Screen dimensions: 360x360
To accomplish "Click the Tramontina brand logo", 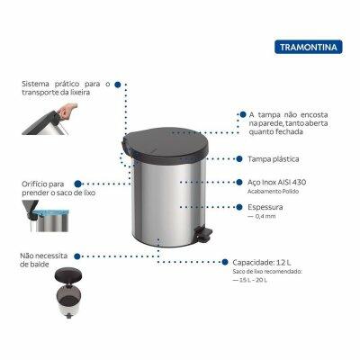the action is [x=308, y=47].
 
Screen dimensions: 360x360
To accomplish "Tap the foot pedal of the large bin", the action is [x=204, y=233].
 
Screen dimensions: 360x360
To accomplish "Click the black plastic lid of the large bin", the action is [x=165, y=144].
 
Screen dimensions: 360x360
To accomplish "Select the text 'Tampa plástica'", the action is [x=274, y=159].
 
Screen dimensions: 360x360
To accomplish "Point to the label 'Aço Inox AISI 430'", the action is [x=277, y=182].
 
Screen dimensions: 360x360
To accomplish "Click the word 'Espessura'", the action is [x=265, y=207].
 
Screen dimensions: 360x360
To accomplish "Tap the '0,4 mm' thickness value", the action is [x=262, y=216].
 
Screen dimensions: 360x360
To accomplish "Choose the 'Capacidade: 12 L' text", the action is [x=262, y=263].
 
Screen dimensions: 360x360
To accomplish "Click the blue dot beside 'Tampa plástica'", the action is [x=239, y=159].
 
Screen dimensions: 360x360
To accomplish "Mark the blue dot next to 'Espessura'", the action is [x=239, y=207].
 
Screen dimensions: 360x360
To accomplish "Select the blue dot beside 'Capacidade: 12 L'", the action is [x=225, y=262].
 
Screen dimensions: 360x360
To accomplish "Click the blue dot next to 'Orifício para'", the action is [x=77, y=184].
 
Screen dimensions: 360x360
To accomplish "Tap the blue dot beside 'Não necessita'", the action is [x=77, y=256].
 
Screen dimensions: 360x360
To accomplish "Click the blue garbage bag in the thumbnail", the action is [x=51, y=213].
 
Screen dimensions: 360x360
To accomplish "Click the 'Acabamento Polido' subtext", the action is [x=274, y=192].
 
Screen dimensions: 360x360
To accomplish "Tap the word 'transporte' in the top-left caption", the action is [x=40, y=93].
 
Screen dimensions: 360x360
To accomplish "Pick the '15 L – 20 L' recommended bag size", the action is [x=250, y=281].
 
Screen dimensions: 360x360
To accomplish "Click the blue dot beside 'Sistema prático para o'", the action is [x=118, y=85].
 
